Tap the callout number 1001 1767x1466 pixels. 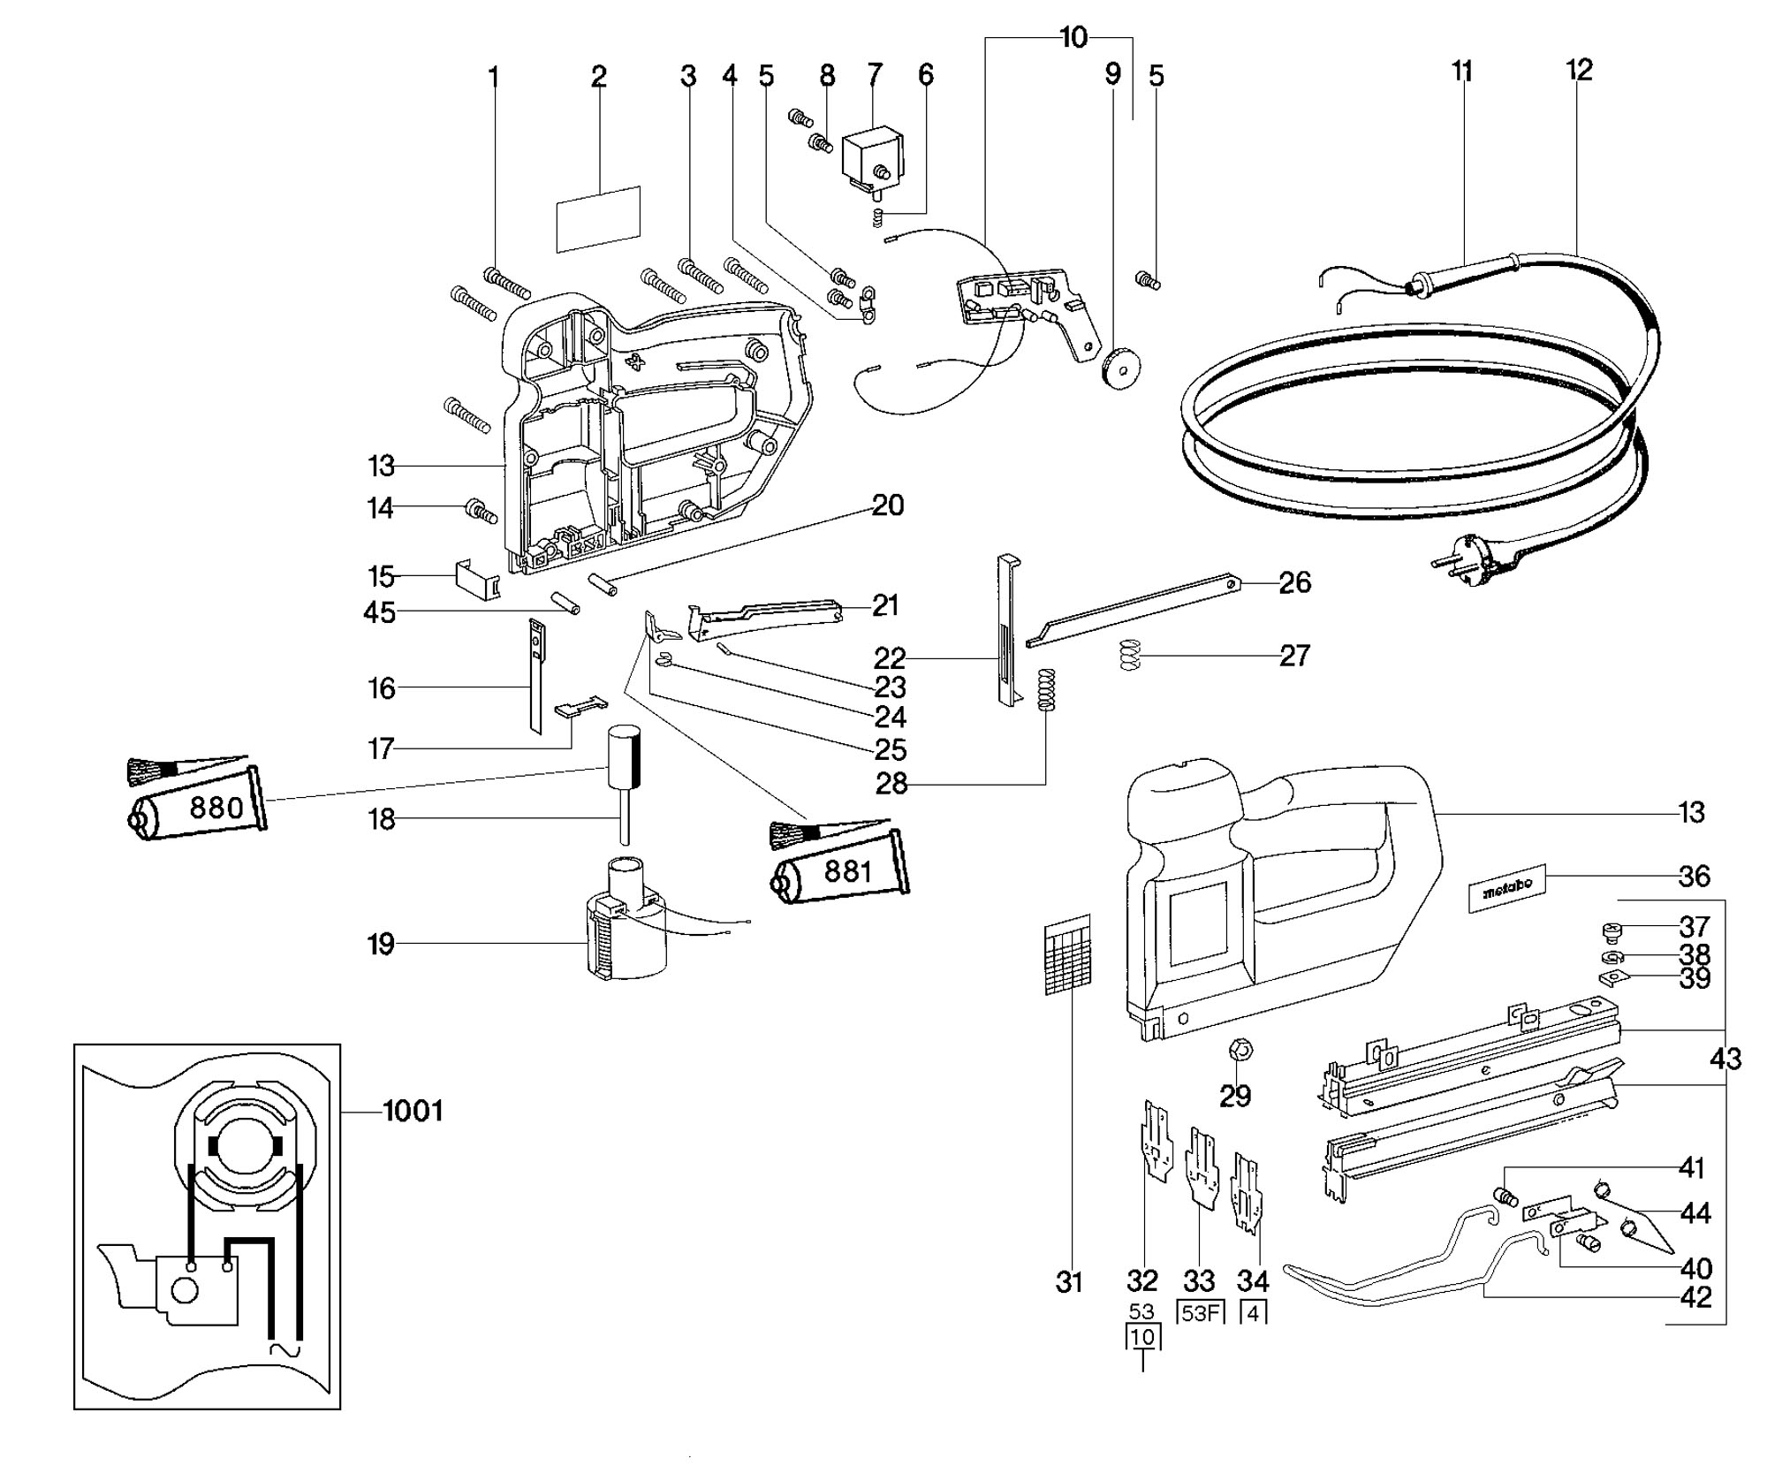point(413,1111)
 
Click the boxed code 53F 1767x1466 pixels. point(1199,1313)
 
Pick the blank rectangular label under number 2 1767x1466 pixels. point(598,218)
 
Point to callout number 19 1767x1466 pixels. point(381,945)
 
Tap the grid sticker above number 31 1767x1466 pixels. point(1067,954)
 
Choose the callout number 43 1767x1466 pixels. point(1725,1059)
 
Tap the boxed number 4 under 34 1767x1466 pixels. point(1253,1313)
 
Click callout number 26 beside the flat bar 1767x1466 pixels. point(1295,582)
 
